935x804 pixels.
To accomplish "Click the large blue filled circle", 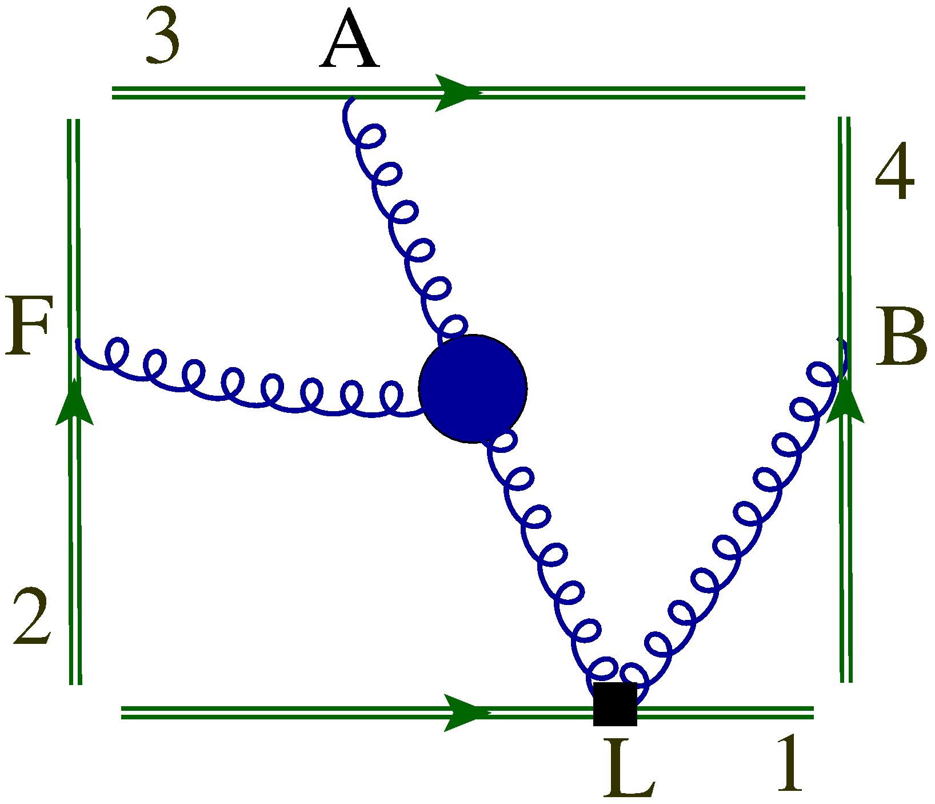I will point(473,389).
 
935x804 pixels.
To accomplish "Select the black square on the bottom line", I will point(615,704).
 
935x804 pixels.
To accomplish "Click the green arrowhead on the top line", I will point(456,92).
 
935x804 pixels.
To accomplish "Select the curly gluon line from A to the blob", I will point(400,223).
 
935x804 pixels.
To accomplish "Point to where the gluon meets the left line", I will point(77,342).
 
